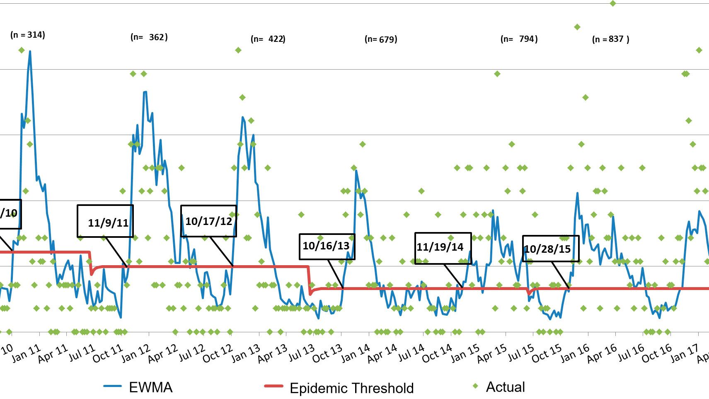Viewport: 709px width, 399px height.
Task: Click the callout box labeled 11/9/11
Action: tap(105, 221)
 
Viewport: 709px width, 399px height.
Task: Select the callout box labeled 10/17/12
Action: tap(208, 221)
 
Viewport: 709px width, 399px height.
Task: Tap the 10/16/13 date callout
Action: tap(327, 247)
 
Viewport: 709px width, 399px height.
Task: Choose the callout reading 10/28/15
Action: tap(550, 249)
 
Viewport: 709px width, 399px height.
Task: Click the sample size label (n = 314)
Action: tap(28, 35)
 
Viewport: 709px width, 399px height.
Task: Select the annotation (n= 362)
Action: tap(149, 37)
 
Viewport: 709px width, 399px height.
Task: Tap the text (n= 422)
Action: tap(268, 39)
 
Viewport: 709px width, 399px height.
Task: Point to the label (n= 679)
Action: tap(381, 39)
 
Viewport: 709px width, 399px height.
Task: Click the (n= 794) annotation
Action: tap(519, 39)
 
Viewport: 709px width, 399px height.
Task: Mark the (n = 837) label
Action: tap(611, 39)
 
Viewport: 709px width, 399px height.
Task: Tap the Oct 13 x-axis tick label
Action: tap(327, 353)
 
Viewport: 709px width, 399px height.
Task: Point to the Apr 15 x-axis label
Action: tap(491, 353)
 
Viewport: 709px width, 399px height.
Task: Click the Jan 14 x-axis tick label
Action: tap(355, 353)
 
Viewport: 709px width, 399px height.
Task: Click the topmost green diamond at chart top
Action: tap(613, 3)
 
